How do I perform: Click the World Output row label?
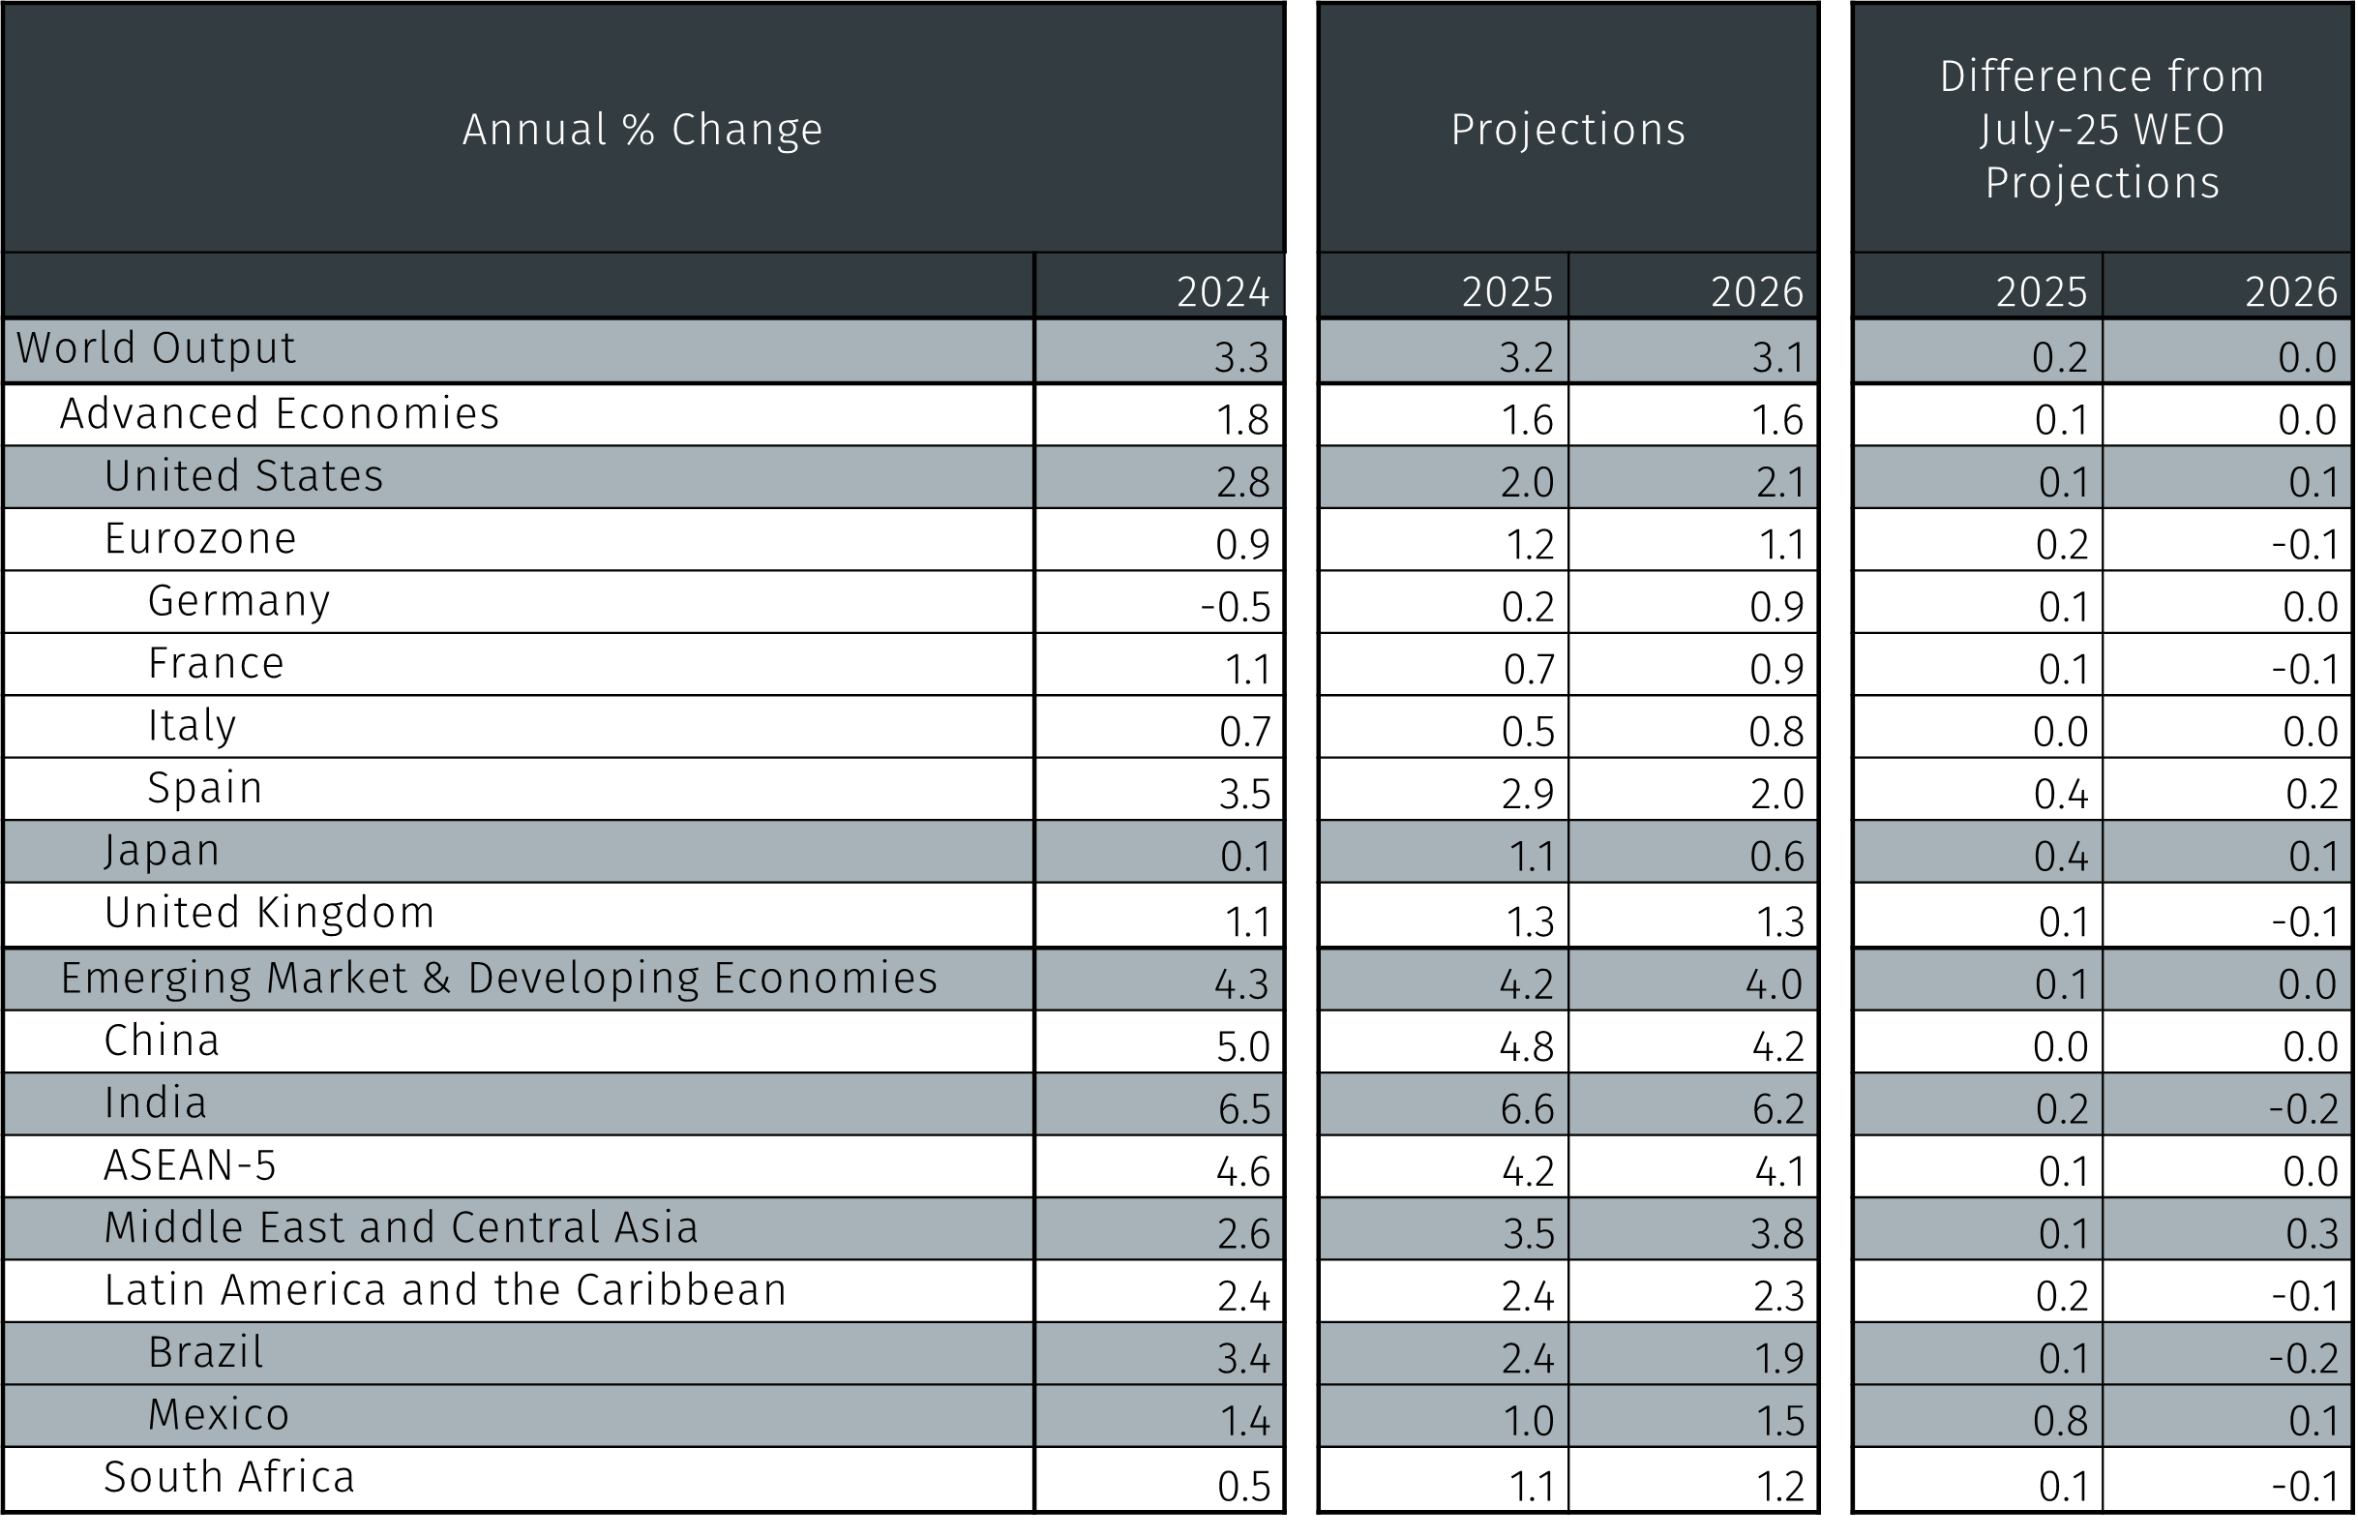point(156,348)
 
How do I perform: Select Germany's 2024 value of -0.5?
point(1235,607)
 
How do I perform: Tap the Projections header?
point(1567,130)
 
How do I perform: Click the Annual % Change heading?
point(642,130)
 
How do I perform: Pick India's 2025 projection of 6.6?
point(1526,1109)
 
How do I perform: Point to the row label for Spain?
point(205,789)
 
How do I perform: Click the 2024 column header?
point(1222,291)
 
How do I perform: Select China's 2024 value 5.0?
point(1242,1046)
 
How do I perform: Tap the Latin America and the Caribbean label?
point(445,1290)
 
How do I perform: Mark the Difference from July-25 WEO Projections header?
point(2102,130)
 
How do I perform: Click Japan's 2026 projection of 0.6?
point(1776,857)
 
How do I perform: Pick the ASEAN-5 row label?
point(191,1165)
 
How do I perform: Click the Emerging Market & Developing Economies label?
point(498,979)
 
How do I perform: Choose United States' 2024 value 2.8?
point(1242,482)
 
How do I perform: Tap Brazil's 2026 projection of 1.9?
point(1777,1358)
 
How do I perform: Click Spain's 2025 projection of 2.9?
point(1526,794)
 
